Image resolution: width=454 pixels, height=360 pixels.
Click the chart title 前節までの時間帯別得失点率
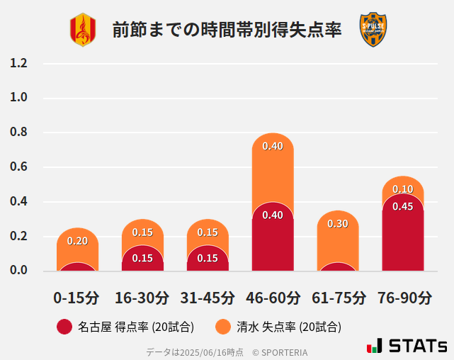click(x=227, y=30)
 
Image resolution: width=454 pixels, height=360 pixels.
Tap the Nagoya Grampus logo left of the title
click(x=82, y=30)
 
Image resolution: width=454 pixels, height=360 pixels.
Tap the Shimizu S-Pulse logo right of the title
click(x=373, y=30)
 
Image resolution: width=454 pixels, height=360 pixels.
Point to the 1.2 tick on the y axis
click(x=19, y=63)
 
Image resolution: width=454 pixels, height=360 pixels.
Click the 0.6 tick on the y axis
click(x=19, y=167)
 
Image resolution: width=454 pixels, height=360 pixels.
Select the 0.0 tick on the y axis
click(x=19, y=270)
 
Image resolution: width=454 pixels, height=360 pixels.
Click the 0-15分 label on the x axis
click(x=76, y=298)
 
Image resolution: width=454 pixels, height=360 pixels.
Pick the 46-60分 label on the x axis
click(x=273, y=298)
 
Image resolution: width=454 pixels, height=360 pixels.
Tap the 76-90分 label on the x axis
click(x=403, y=298)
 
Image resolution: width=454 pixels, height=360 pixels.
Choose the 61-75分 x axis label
click(x=338, y=298)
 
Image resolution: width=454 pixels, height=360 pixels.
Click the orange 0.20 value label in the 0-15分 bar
click(x=77, y=241)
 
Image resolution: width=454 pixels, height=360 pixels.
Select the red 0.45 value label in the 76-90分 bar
click(x=403, y=206)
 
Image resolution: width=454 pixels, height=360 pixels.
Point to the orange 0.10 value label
click(x=403, y=189)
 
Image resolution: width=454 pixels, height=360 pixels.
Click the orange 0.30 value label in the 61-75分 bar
click(x=338, y=223)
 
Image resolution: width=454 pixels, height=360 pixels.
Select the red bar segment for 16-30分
click(x=142, y=260)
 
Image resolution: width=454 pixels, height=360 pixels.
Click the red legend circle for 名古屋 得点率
click(x=64, y=327)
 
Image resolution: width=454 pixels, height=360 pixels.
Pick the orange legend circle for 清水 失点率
click(x=223, y=327)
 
